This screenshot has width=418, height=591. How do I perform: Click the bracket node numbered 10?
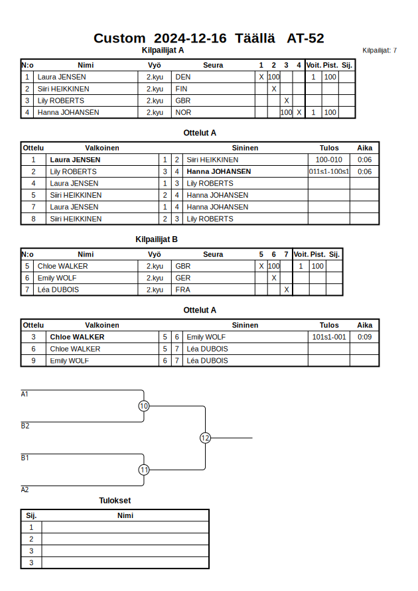[x=144, y=406]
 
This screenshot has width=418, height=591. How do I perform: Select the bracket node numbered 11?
[x=144, y=470]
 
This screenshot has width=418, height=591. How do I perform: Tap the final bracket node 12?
[x=205, y=438]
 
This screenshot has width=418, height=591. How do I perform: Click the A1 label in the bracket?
[x=25, y=394]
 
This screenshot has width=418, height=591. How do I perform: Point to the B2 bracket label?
[x=25, y=426]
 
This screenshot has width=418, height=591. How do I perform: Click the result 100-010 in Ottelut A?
[x=328, y=160]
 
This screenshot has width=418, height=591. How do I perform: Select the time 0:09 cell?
[x=364, y=337]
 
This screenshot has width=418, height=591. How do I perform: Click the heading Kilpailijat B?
[x=157, y=240]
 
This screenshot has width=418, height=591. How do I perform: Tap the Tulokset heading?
[x=115, y=501]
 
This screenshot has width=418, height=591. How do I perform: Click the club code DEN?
[x=182, y=77]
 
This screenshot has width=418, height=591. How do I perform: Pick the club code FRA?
[x=182, y=290]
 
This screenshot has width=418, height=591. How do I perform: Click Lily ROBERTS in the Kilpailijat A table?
[x=61, y=101]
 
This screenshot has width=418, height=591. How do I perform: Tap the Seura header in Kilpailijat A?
[x=213, y=65]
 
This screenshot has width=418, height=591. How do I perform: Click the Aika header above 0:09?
[x=364, y=326]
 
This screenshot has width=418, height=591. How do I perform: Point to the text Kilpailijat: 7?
[x=380, y=50]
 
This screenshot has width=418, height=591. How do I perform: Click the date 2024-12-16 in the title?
[x=190, y=38]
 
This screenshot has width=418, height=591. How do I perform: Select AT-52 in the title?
[x=305, y=38]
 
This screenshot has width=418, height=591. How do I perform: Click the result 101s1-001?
[x=328, y=337]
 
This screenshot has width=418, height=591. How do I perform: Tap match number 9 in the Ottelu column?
[x=33, y=361]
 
